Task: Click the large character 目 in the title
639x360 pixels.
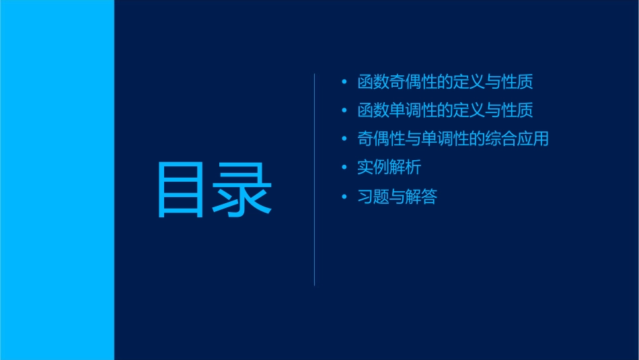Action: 180,190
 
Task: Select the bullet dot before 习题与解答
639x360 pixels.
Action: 344,197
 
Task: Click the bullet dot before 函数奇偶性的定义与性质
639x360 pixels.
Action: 344,83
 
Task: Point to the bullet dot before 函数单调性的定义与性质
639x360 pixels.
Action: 344,110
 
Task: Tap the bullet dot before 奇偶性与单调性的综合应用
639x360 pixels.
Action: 344,139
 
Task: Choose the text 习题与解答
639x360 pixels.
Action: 397,197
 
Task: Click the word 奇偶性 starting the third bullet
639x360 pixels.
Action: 381,139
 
